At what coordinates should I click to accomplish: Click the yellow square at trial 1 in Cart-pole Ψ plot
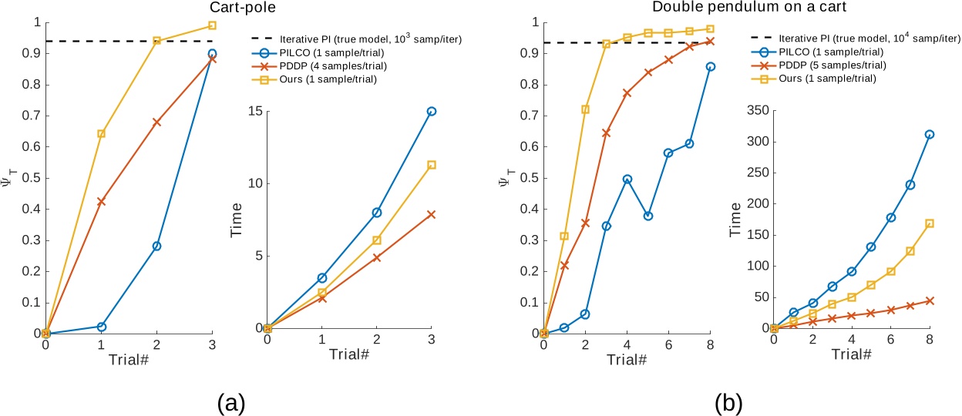[x=101, y=133]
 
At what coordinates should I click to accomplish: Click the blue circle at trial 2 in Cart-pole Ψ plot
[x=156, y=246]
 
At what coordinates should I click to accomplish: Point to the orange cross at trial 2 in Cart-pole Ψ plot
[x=156, y=122]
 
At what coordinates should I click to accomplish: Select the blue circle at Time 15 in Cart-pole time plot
[x=432, y=112]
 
